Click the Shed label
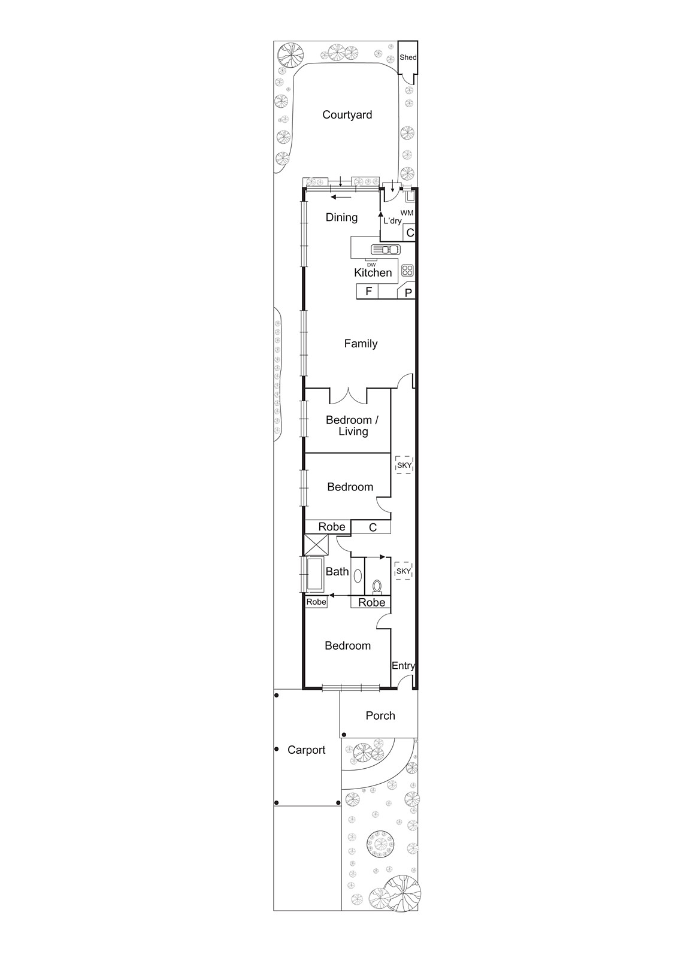tap(408, 57)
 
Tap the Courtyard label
tap(347, 115)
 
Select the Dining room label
tap(341, 217)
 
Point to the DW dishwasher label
tap(371, 264)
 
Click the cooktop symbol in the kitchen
tap(407, 270)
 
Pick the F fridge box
tap(369, 292)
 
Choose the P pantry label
tap(408, 293)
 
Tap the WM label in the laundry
tap(407, 213)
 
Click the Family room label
tap(361, 344)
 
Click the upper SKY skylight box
tap(404, 465)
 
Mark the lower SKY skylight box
tap(404, 571)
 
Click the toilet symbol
tap(377, 586)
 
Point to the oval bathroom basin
tap(358, 576)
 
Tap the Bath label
tap(337, 572)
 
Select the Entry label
tap(403, 666)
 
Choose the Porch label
tap(380, 716)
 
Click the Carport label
tap(307, 750)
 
